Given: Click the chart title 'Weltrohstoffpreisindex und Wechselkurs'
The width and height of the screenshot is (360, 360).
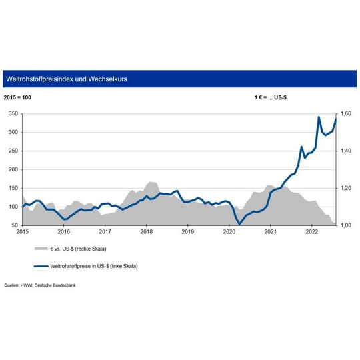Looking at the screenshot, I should tap(66, 79).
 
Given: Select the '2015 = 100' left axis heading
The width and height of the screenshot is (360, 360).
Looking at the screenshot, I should tap(17, 98).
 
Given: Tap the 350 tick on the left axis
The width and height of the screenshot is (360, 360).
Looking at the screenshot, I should tap(13, 114).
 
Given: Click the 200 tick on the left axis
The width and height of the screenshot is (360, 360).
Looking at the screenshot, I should tap(13, 169).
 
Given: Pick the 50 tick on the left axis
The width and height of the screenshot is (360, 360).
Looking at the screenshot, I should tap(14, 225).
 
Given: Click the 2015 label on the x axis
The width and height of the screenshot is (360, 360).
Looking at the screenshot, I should tap(22, 233).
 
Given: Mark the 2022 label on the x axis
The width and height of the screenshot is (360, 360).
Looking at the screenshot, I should tap(311, 233).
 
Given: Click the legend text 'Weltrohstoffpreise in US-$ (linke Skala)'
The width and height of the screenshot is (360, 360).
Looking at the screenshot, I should tap(98, 265).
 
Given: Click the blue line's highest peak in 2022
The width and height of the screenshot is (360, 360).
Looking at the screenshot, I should tap(319, 117).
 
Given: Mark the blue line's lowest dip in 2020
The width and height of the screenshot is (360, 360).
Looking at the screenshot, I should tap(239, 224).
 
